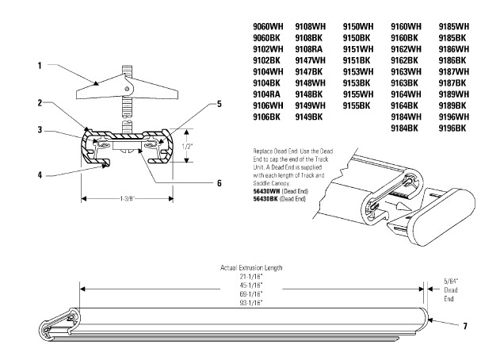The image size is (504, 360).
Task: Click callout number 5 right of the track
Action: (x=220, y=104)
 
